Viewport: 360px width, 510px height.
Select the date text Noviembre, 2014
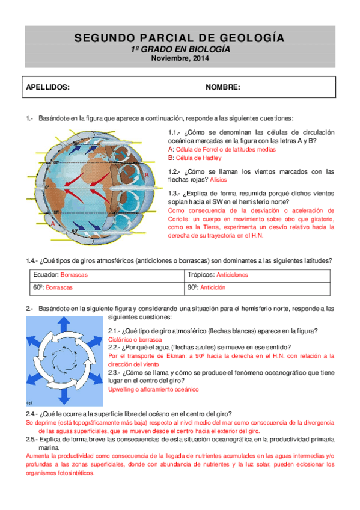[x=180, y=58]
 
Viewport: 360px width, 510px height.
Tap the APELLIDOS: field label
[x=48, y=87]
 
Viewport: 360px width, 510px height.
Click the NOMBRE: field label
[x=223, y=87]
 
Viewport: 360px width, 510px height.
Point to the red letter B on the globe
[x=146, y=175]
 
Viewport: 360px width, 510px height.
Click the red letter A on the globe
[x=52, y=223]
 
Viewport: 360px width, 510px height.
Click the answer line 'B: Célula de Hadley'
[x=195, y=158]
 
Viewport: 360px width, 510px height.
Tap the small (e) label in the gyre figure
[x=30, y=403]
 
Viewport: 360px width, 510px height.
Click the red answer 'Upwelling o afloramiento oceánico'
[x=153, y=390]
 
